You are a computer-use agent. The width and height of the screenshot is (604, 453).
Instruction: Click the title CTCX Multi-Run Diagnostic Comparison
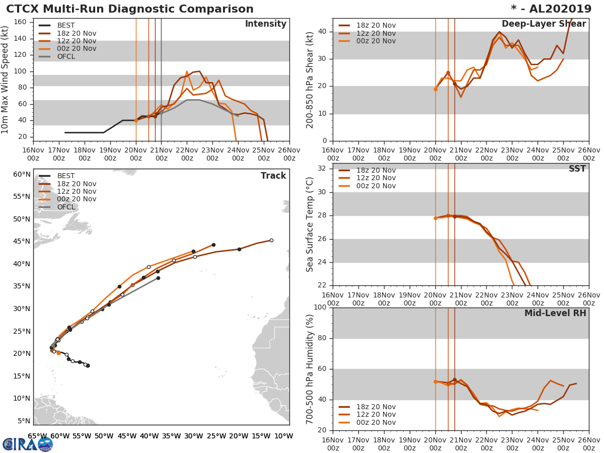130,9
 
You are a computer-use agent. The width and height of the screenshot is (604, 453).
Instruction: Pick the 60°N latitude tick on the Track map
22,175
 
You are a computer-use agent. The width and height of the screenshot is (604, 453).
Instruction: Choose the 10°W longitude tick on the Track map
283,436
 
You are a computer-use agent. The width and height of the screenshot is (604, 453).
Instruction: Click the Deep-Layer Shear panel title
544,24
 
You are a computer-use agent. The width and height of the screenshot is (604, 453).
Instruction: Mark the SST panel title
577,169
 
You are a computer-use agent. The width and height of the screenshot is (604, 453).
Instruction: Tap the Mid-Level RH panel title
555,313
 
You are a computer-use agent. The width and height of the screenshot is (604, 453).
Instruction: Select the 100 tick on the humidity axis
321,308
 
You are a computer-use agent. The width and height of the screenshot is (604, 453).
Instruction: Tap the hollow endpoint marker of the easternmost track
271,240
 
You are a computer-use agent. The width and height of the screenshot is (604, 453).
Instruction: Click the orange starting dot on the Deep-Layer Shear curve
435,89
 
